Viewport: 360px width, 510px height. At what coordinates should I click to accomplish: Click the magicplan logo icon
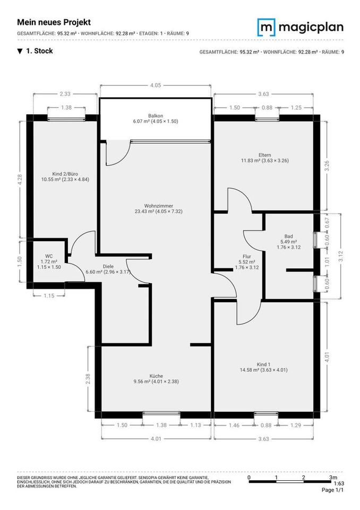267,27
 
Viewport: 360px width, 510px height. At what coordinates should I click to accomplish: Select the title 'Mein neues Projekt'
54,22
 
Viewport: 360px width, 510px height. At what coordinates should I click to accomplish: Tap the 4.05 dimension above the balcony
156,85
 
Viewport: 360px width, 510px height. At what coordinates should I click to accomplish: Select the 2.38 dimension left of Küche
88,378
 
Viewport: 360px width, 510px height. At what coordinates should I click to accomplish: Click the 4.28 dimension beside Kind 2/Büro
20,180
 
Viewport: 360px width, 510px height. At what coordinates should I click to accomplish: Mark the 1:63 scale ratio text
338,483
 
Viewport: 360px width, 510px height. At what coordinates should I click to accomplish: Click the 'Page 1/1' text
333,490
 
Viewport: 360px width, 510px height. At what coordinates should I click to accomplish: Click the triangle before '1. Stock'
20,52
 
